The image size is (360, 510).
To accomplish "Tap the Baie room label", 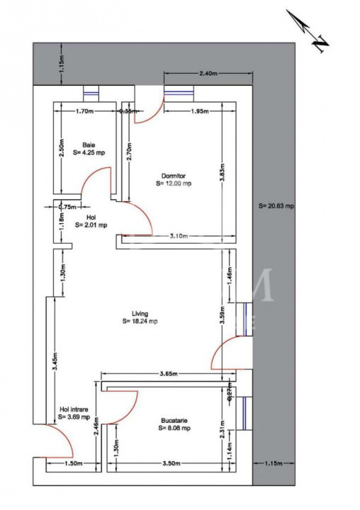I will tap(89, 144).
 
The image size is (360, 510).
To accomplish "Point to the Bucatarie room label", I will tap(174, 427).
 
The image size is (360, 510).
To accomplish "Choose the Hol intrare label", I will tap(74, 409).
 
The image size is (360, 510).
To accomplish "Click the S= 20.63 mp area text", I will tap(276, 206).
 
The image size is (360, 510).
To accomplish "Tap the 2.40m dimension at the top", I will tap(208, 74).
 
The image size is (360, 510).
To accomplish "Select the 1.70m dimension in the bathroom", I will tap(84, 111).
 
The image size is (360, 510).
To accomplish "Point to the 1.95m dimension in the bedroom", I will tap(199, 111).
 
